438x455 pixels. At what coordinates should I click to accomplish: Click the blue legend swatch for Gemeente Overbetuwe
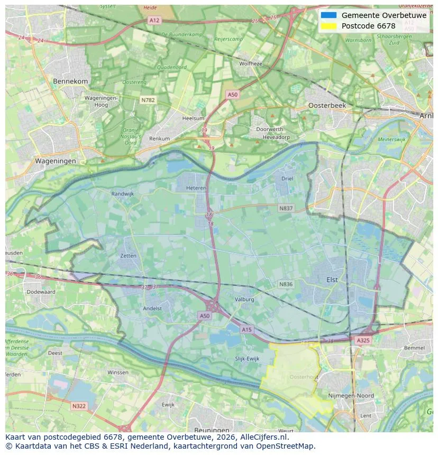(328, 15)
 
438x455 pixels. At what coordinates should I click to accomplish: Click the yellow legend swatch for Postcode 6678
(328, 26)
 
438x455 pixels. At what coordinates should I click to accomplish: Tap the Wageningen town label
(55, 161)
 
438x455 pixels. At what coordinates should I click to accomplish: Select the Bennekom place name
(70, 81)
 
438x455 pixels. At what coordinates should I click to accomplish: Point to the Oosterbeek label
(327, 106)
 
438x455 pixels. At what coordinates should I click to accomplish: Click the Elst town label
(332, 280)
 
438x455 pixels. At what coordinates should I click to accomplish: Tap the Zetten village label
(128, 256)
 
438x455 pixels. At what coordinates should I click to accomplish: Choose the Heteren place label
(196, 188)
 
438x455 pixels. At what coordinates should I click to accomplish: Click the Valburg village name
(245, 299)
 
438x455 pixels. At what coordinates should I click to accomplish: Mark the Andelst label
(152, 309)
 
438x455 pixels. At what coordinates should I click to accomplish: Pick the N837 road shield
(286, 209)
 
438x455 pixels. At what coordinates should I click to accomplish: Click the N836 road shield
(286, 284)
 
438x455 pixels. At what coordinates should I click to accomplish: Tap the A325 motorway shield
(363, 341)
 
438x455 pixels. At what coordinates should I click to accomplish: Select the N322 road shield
(78, 406)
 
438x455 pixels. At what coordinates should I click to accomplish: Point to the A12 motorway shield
(154, 20)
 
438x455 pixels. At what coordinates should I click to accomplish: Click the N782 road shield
(148, 99)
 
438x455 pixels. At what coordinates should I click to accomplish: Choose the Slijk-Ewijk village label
(247, 359)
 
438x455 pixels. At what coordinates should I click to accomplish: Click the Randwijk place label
(122, 194)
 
